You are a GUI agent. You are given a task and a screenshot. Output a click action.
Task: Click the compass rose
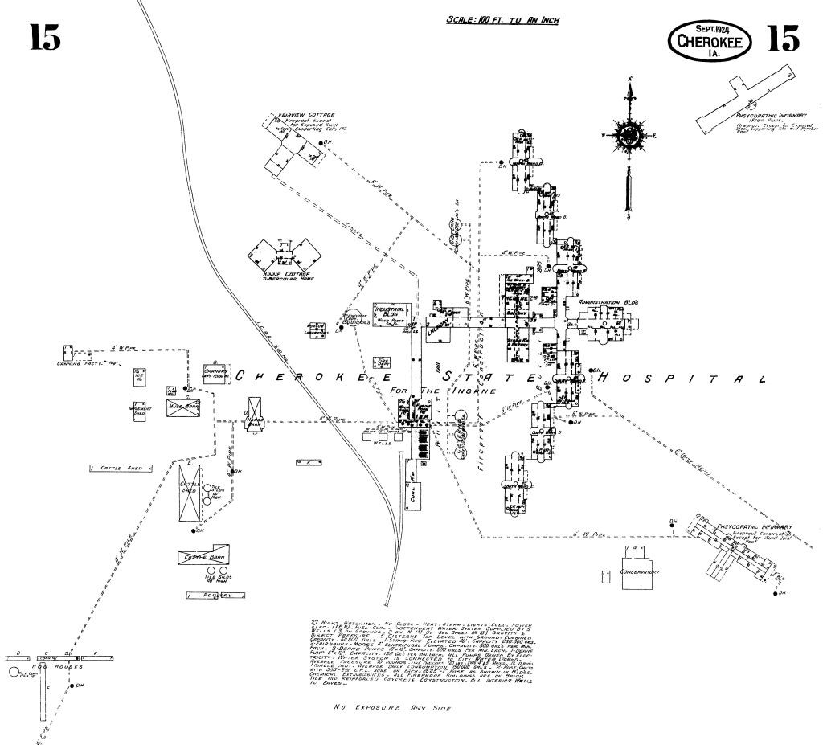[630, 133]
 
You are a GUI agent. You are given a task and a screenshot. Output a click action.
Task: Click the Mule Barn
[182, 405]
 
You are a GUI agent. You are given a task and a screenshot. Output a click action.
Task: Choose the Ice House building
[140, 375]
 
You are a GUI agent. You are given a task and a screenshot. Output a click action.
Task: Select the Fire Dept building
[383, 361]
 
